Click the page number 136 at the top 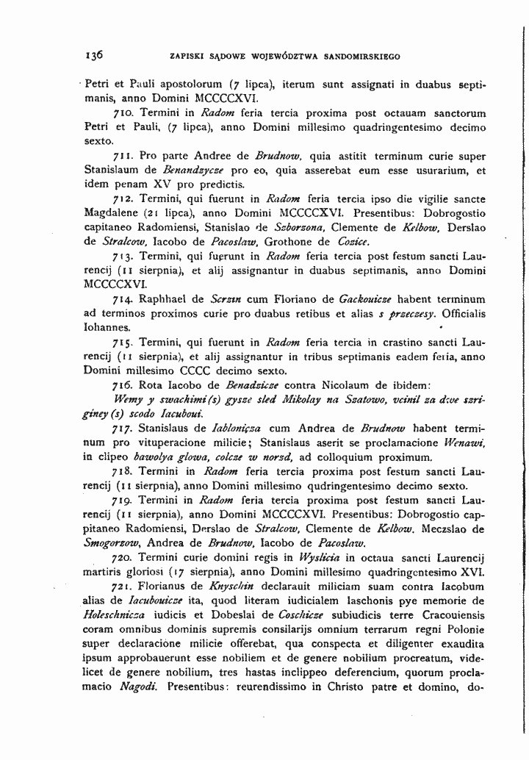point(93,54)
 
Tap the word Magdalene point(110,213)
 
